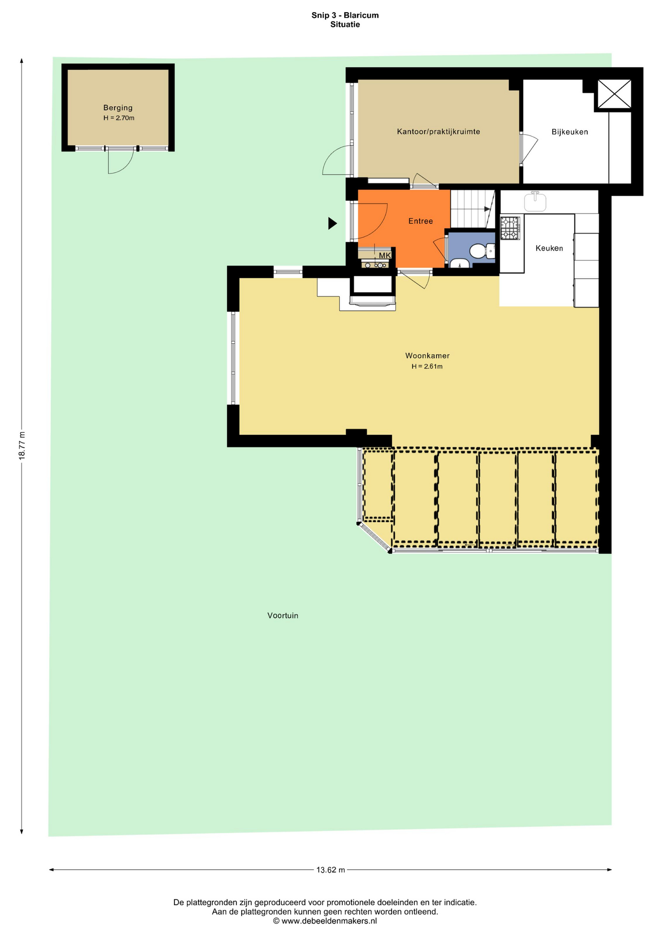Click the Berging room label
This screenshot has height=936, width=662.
click(117, 108)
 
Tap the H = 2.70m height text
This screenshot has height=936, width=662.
click(118, 118)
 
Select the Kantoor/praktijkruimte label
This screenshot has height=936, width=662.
click(438, 132)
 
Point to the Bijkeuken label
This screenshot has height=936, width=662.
click(569, 132)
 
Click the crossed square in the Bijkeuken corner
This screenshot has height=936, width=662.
click(614, 94)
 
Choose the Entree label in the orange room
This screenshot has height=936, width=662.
click(420, 221)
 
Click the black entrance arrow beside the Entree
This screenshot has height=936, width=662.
click(332, 223)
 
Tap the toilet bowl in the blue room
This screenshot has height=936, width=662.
click(478, 251)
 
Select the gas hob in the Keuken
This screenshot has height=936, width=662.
click(510, 228)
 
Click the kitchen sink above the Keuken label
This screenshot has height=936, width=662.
click(535, 201)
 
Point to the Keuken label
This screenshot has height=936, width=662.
click(549, 248)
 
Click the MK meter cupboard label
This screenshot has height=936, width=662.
click(385, 255)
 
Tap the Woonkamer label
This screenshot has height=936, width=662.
click(427, 356)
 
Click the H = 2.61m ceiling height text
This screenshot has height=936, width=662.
click(427, 367)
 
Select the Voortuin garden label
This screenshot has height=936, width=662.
click(283, 616)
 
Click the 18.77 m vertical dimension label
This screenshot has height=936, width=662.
click(21, 445)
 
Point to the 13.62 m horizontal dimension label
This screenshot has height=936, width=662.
click(331, 870)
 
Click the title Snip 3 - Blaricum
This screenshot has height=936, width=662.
click(345, 15)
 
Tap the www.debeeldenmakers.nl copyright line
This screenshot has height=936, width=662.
click(325, 921)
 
